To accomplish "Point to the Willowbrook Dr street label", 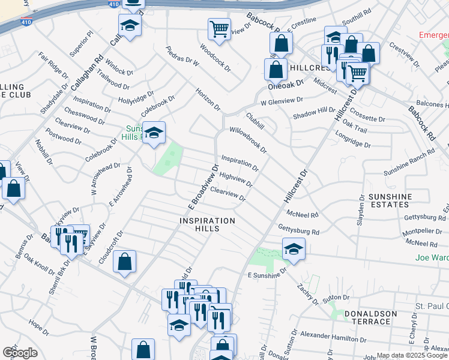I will (x=247, y=139).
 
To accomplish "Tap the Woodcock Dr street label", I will (x=215, y=58).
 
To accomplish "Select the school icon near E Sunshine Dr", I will (x=293, y=248).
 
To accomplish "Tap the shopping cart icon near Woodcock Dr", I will (x=219, y=28).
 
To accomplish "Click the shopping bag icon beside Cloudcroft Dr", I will (x=124, y=262).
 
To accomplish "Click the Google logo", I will (x=20, y=352).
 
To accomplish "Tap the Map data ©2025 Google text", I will (x=412, y=355).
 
